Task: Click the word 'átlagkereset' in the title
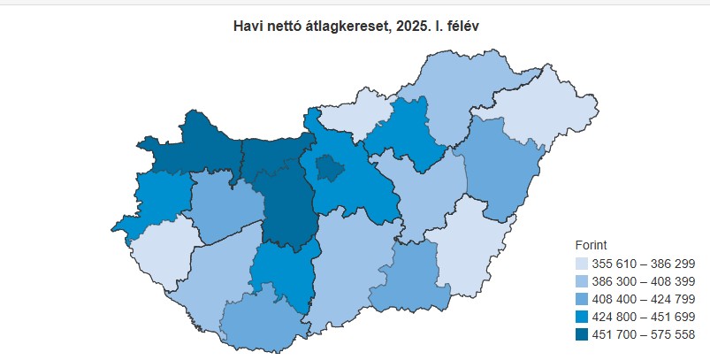point(343,27)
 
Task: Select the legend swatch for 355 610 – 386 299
point(581,264)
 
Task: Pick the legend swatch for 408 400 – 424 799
point(581,299)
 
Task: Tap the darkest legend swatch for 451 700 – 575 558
point(581,334)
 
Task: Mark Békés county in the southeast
point(460,248)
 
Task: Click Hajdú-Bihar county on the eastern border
point(500,168)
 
